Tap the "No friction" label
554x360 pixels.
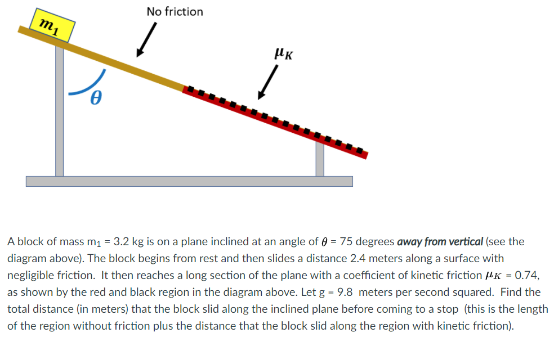tap(175, 11)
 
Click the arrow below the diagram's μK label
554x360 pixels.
tap(268, 82)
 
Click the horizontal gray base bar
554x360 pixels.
tap(189, 181)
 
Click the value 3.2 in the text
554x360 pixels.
tap(122, 242)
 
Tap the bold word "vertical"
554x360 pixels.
tap(464, 242)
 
